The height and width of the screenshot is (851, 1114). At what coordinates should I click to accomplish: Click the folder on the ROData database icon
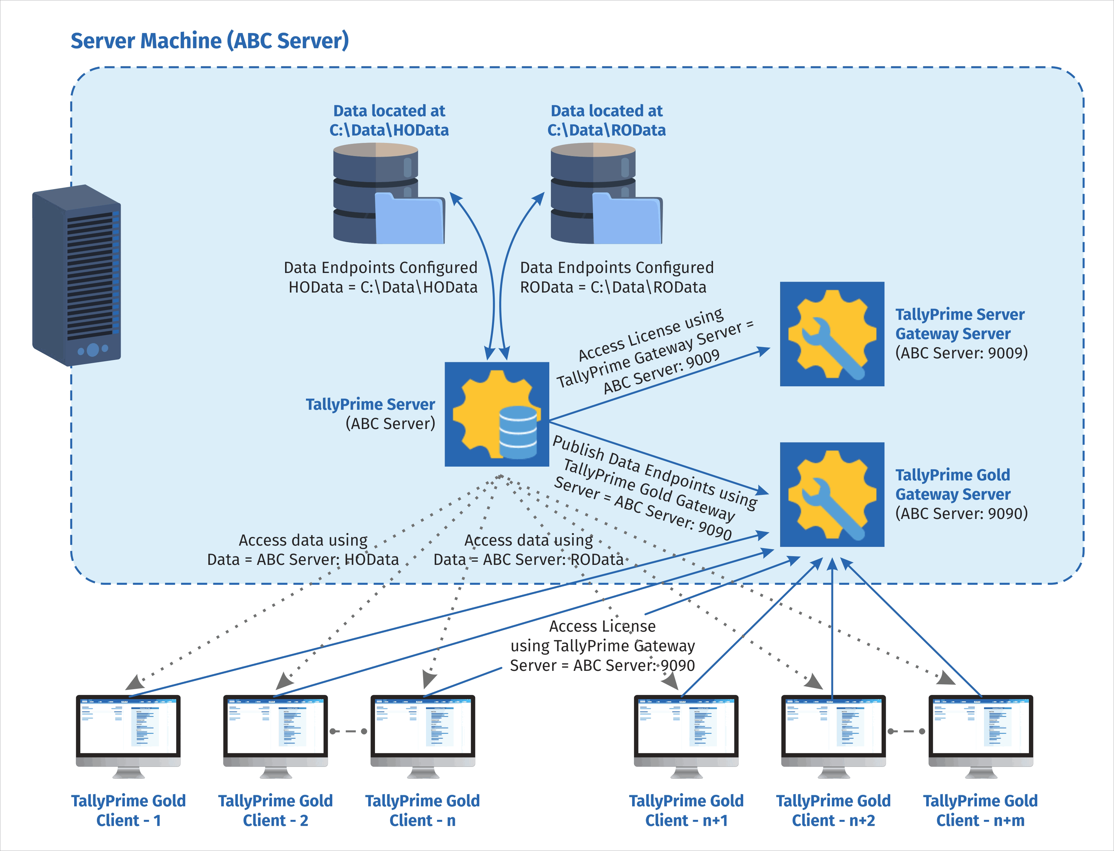point(627,220)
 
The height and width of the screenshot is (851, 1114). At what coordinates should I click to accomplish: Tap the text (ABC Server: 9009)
point(961,353)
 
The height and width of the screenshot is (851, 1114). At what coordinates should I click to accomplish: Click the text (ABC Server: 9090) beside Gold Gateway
point(961,513)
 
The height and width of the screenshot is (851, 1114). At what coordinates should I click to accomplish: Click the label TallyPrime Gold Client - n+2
point(833,811)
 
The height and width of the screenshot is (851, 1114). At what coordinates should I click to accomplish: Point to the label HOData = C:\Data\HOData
point(383,287)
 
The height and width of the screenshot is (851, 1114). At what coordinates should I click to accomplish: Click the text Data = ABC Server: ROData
point(528,559)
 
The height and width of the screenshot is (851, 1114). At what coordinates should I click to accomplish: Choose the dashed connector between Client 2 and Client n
point(349,731)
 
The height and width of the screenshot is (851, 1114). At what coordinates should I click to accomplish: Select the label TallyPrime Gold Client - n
point(422,811)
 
